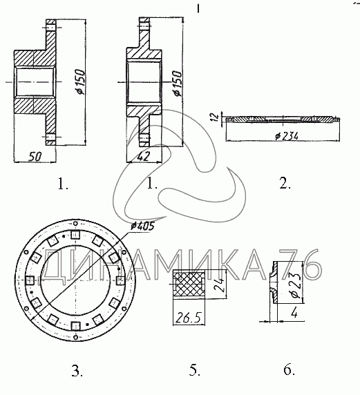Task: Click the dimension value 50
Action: point(35,157)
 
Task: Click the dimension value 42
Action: point(144,156)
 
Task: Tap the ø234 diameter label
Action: point(287,136)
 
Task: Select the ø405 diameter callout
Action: point(142,227)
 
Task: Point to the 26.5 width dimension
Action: point(189,318)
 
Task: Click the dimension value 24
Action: point(219,285)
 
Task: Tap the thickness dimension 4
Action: point(294,314)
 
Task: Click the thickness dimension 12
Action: point(215,117)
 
